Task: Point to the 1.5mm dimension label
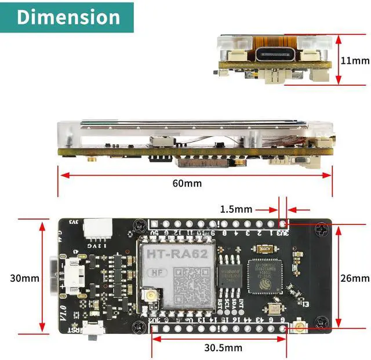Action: point(236,209)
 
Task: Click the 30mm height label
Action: point(25,278)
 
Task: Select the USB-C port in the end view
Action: point(277,57)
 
